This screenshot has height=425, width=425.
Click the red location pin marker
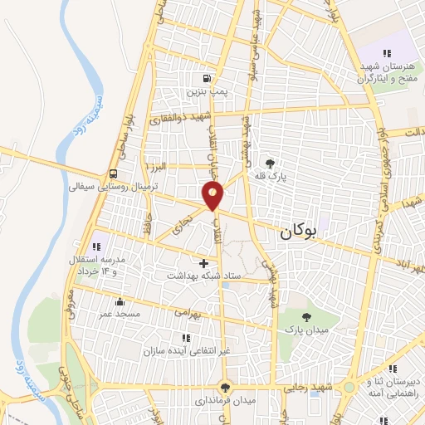(x=213, y=196)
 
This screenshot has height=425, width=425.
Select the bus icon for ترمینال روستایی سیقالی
(x=112, y=174)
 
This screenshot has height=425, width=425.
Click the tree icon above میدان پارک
(x=307, y=317)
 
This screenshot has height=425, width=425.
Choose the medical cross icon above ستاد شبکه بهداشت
(x=203, y=263)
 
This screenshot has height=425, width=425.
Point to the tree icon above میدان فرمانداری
(x=224, y=388)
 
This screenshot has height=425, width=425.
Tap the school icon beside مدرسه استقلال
(x=96, y=245)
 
